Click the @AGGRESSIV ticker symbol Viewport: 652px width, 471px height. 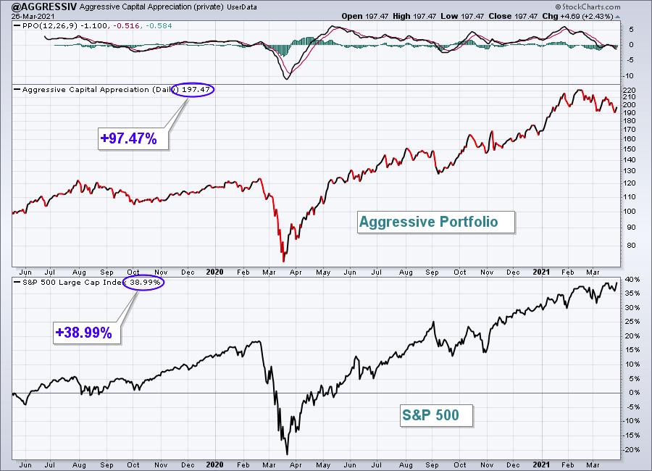44,7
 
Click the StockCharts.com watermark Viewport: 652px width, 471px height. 588,7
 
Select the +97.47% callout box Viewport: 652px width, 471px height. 133,138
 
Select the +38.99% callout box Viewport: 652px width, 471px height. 87,333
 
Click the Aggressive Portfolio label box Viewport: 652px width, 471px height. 436,222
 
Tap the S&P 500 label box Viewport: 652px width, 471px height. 436,414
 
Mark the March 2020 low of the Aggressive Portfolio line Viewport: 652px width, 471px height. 284,262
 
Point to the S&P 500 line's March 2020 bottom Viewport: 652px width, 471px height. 287,454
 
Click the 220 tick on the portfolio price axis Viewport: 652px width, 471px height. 630,91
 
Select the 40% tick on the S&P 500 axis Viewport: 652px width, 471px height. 632,279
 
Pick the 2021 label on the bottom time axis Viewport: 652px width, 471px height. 541,464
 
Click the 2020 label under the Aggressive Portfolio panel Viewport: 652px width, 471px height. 214,272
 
